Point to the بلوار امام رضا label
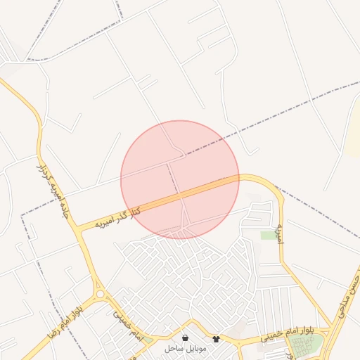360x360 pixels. coord(65,317)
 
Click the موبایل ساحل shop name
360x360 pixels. coord(184,348)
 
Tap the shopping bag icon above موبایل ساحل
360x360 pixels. coord(185,338)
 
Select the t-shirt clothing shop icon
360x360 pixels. coord(215,338)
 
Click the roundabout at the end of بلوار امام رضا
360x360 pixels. coord(100,294)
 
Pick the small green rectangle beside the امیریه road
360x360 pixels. coord(269,235)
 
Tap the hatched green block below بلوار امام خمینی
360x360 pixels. coord(305,345)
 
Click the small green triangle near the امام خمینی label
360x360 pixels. coord(148,340)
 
